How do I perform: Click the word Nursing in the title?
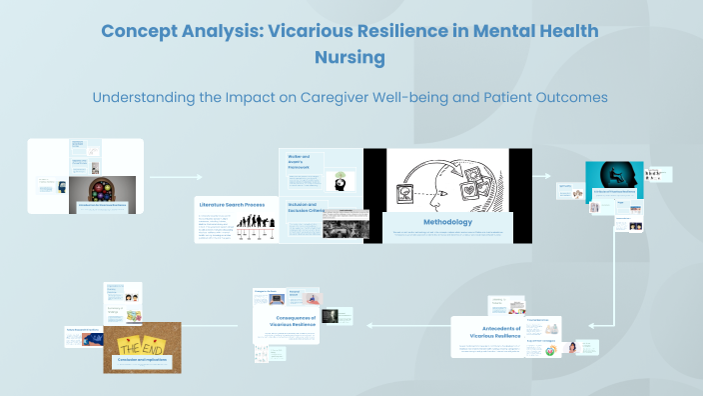(x=351, y=58)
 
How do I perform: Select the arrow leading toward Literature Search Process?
(x=174, y=177)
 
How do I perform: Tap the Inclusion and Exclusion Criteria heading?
(x=309, y=208)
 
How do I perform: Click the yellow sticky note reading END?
(x=157, y=340)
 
